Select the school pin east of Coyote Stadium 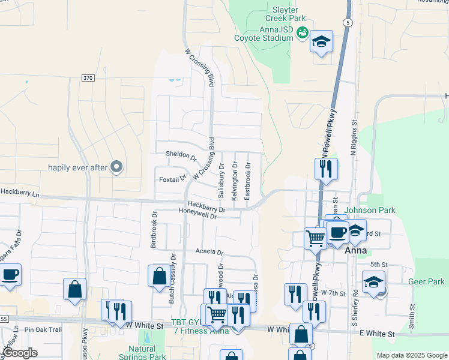tap(321, 43)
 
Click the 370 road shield tap(88, 79)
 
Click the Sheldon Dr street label tap(181, 157)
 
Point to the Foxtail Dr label tap(173, 179)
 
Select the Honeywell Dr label tap(197, 215)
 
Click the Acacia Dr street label tap(208, 253)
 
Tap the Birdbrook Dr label tap(154, 230)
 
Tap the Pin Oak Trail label tap(43, 329)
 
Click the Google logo tap(20, 353)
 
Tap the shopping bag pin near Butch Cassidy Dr tap(159, 277)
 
